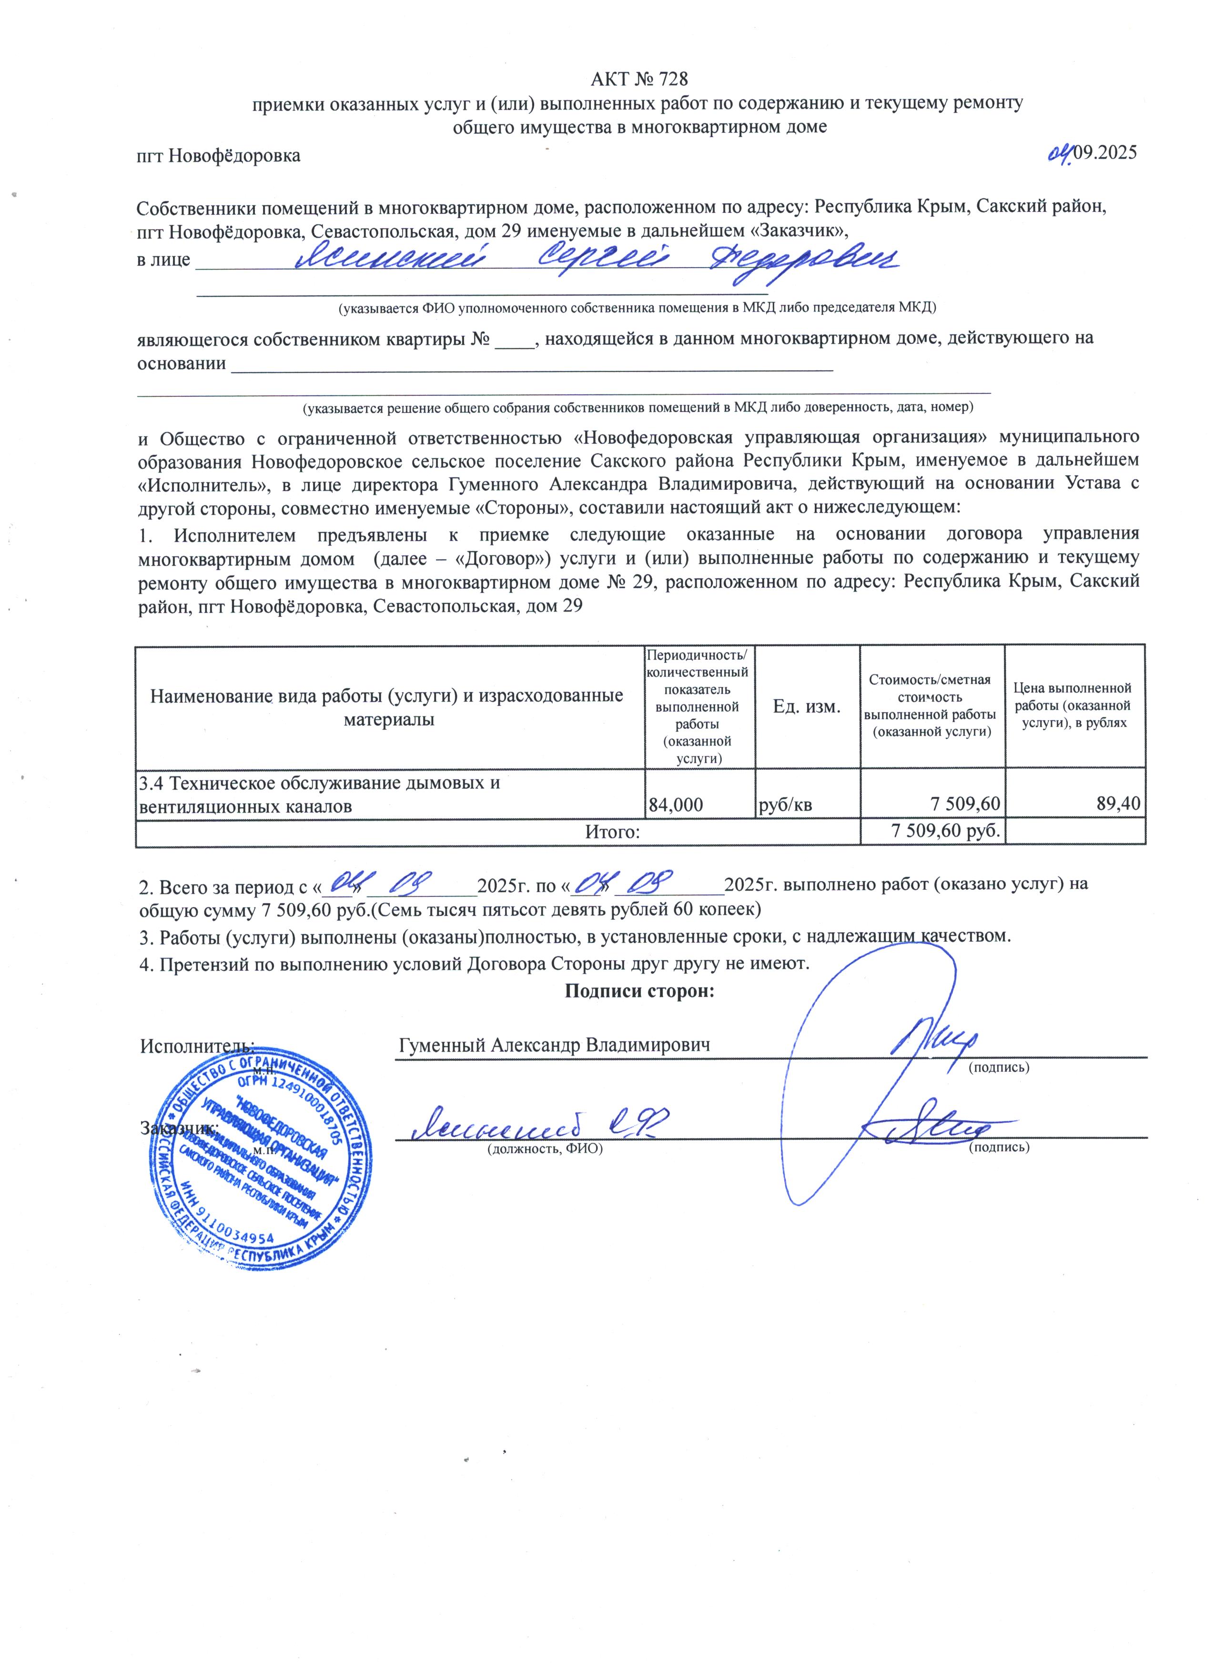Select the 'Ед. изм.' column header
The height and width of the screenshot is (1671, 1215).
tap(807, 706)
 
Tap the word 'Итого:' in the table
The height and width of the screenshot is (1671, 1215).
tap(612, 832)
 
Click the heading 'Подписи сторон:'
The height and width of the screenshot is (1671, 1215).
tap(639, 991)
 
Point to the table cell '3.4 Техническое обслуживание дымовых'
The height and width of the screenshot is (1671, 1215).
tap(320, 783)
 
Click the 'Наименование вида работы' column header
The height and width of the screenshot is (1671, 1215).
tap(387, 706)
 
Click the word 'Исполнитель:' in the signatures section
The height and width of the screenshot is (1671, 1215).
tap(197, 1046)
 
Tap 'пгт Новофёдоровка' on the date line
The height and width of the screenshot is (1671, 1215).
tap(219, 156)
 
